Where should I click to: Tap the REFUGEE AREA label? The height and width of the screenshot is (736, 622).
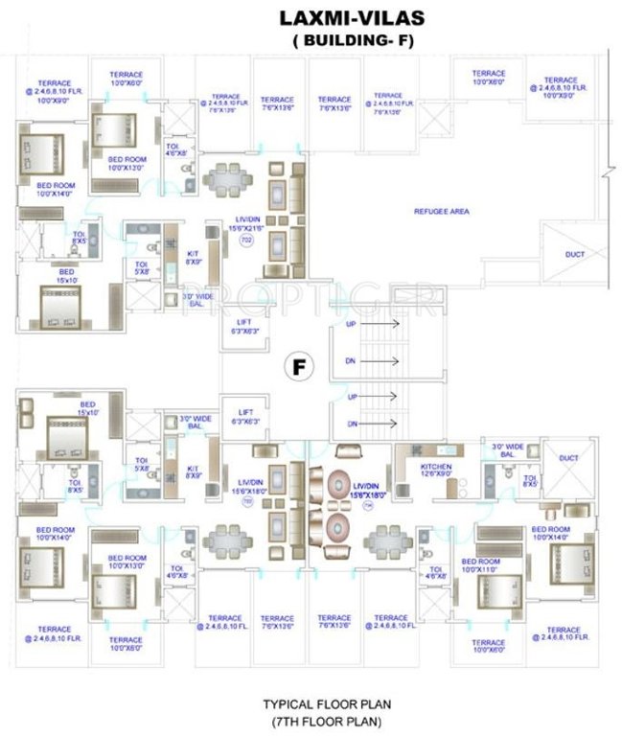click(x=441, y=211)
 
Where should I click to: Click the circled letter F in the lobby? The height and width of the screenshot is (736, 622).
click(x=299, y=366)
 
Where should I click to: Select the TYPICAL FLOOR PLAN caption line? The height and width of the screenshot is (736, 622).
click(x=327, y=703)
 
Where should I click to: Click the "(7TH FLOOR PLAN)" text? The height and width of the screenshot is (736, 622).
click(x=327, y=720)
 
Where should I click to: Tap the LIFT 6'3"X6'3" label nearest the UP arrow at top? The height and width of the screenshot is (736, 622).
click(x=243, y=327)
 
